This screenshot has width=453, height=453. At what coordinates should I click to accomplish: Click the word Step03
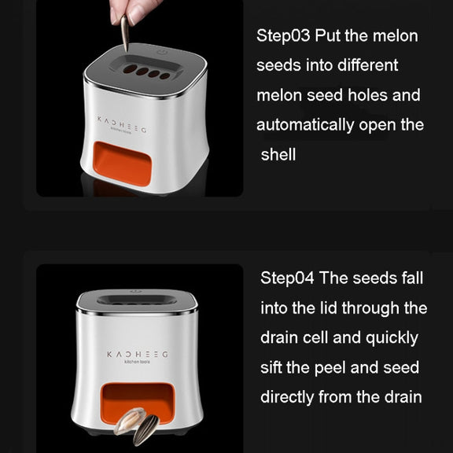coord(283,36)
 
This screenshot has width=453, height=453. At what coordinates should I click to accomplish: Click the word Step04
coord(287,278)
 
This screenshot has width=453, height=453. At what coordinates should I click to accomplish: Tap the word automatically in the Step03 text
coord(305,125)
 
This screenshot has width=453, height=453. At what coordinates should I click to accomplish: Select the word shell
coord(278,154)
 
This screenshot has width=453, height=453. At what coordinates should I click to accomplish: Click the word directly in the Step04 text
coord(287,396)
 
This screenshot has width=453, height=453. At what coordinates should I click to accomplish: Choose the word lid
coord(329,308)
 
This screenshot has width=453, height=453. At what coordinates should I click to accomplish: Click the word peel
coord(330,368)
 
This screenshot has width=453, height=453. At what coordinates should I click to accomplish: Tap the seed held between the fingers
coord(124,33)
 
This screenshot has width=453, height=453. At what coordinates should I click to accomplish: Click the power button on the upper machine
coord(162,52)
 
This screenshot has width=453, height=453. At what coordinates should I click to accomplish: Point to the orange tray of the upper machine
coord(123,164)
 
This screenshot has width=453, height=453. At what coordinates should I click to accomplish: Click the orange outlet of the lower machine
coord(138,402)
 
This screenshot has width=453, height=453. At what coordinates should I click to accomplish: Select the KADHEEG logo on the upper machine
coord(122,124)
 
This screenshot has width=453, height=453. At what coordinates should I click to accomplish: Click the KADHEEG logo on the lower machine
coord(137,355)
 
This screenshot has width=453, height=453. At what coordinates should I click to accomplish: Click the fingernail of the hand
coord(135,15)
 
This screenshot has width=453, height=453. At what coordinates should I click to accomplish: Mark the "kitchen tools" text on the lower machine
coord(137,362)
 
